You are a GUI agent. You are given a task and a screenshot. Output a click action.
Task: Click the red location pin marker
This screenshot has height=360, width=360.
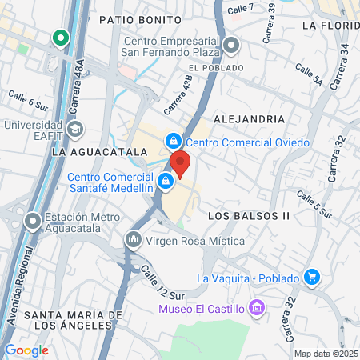[x=180, y=163]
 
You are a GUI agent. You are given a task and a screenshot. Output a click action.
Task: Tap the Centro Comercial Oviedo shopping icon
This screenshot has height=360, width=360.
[x=172, y=142]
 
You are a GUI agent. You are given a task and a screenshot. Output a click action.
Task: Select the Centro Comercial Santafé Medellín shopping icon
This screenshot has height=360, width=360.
[x=165, y=182]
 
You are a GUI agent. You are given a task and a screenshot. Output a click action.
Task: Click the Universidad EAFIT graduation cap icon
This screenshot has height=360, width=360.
[x=74, y=128]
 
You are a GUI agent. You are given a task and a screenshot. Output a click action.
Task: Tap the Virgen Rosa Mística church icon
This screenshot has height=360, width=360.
[x=132, y=239]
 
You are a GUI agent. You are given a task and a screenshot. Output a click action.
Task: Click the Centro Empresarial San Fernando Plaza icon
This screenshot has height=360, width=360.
[x=231, y=45]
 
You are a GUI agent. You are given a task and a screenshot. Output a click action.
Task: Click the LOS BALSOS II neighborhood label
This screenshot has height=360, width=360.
[x=248, y=216]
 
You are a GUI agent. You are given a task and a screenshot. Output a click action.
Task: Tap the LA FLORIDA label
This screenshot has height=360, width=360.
[x=330, y=26]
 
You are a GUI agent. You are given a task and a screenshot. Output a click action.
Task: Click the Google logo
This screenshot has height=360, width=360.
[x=26, y=350]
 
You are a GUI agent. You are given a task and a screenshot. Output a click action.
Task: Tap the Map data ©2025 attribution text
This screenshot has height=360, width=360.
[x=324, y=353]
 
